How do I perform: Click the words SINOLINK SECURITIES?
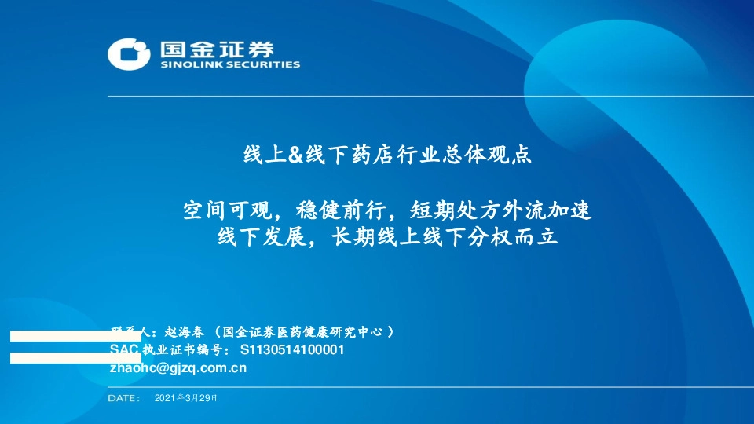point(230,65)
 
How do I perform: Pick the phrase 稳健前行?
point(340,210)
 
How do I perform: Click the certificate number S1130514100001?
point(291,350)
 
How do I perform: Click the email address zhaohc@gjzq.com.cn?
point(178,367)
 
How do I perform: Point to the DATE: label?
point(123,398)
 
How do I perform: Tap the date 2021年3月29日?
point(186,398)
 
